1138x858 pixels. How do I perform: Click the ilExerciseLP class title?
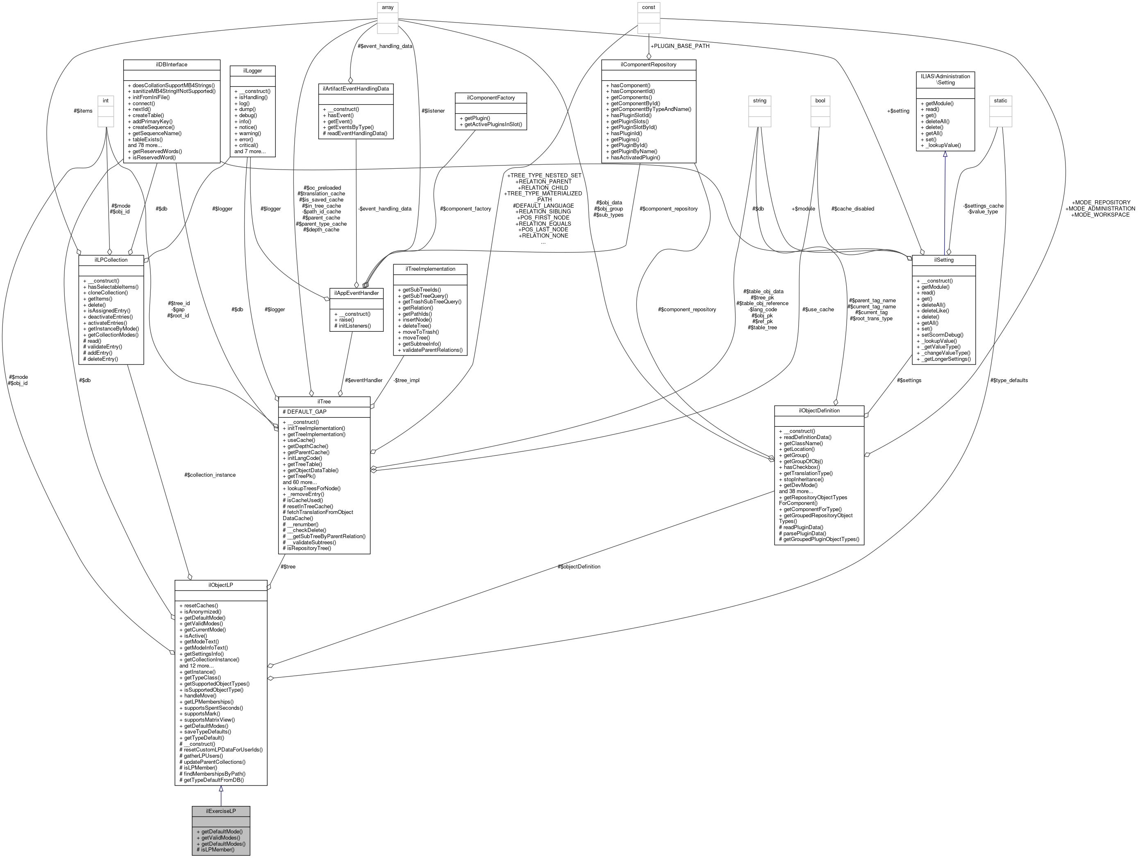(221, 811)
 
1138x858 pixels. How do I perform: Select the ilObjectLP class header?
(221, 585)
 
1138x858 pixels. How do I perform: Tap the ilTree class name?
(324, 401)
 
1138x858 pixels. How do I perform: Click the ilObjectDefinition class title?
(819, 410)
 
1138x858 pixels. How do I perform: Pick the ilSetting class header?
(943, 260)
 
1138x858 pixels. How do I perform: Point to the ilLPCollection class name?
(111, 260)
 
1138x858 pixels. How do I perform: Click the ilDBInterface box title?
(171, 64)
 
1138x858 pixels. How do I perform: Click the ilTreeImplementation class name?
(430, 269)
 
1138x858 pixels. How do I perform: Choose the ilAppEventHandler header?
(356, 293)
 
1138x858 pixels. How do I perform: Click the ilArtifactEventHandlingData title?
(356, 88)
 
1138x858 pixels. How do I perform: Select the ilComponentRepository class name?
(648, 64)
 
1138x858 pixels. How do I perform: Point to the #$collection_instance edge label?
(210, 475)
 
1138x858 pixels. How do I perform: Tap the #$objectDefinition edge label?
(579, 566)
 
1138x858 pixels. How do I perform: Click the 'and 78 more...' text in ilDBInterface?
(145, 145)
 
